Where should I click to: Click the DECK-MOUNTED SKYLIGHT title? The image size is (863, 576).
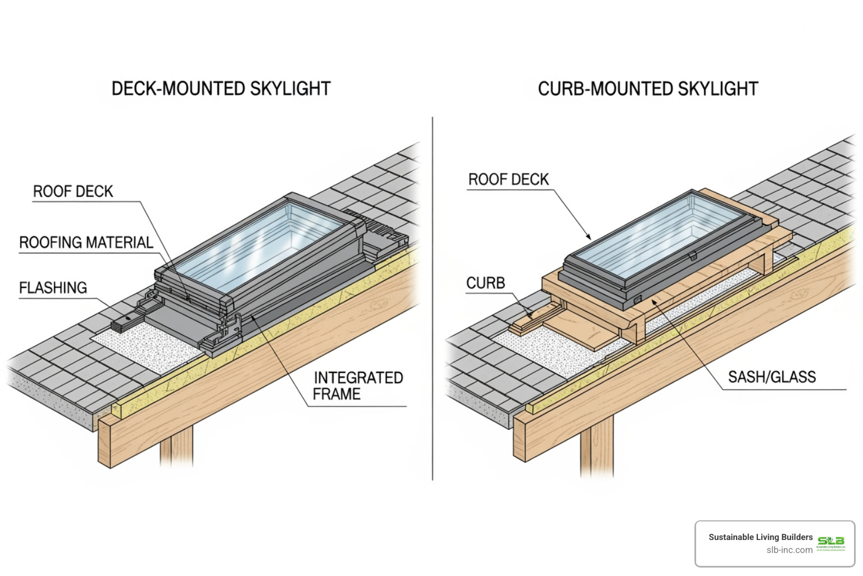pos(221,89)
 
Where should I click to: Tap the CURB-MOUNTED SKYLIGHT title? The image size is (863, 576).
pos(648,89)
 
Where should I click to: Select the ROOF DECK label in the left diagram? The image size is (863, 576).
pos(73,192)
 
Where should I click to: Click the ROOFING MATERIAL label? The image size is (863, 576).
pos(86,243)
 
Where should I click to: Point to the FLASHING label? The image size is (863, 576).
pos(53,288)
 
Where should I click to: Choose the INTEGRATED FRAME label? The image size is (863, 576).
pos(358,386)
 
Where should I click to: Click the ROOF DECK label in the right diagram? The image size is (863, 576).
pos(508,179)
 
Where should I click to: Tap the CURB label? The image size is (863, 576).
pos(485,283)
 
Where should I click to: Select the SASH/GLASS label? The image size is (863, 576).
pos(771,377)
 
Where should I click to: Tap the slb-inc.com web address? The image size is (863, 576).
pos(789,550)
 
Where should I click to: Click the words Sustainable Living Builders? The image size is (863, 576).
pos(760,537)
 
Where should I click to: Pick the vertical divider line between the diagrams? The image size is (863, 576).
pos(433,298)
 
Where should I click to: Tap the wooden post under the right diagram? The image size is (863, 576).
pos(597,447)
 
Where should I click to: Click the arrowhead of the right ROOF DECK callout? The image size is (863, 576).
pos(589,237)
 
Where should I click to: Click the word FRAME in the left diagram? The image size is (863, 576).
pos(337,394)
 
